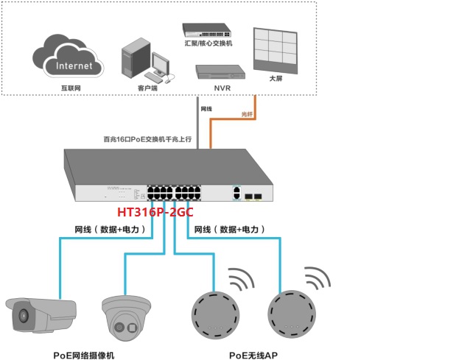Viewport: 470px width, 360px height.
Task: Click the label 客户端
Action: point(148,88)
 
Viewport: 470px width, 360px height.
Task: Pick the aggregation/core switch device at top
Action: point(206,30)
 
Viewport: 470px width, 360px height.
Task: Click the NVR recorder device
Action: point(219,72)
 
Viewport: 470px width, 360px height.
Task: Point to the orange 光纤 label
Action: point(248,113)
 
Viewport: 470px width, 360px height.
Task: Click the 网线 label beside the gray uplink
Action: point(206,109)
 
